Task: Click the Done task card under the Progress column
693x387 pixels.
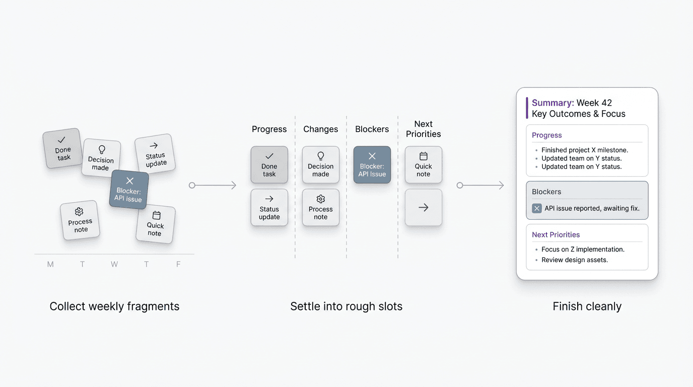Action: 269,165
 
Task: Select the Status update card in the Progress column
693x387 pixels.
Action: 269,208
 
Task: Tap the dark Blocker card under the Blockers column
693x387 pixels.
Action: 372,165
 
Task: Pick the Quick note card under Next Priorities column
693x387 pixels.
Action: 424,165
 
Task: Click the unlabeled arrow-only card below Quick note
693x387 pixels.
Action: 424,208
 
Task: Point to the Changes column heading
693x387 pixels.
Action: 321,130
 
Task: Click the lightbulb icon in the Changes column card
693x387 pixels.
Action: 321,156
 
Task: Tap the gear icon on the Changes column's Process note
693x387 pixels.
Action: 321,199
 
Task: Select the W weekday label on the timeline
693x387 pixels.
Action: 114,264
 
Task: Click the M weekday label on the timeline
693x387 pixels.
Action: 50,264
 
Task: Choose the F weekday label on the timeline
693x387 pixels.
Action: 178,264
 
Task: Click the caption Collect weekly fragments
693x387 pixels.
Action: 114,306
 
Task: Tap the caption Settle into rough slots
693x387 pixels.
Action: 346,306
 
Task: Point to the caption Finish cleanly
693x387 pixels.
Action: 587,306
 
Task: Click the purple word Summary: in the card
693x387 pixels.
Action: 553,103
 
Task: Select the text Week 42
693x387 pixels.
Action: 594,103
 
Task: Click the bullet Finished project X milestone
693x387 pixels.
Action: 585,150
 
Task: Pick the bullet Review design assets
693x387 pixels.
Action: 575,260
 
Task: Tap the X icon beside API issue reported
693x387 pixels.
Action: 537,209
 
